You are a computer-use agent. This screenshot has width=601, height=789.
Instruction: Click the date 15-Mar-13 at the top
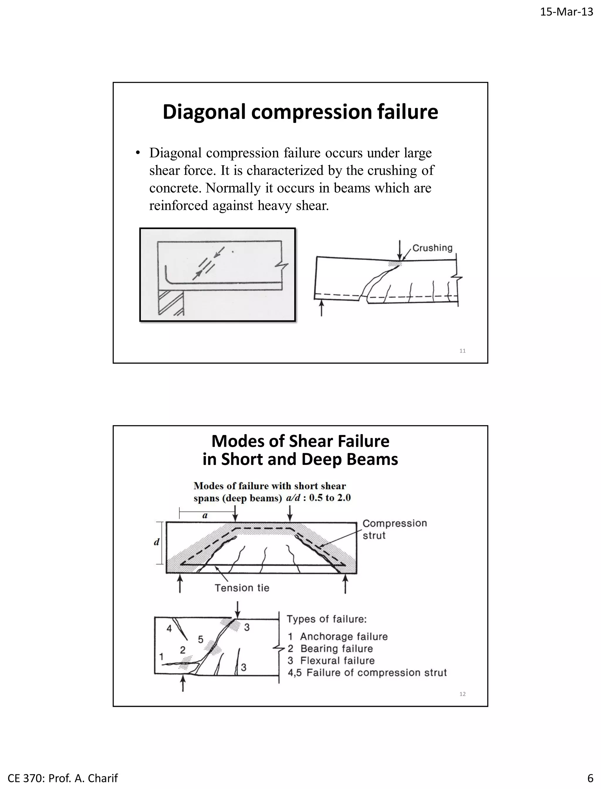(566, 12)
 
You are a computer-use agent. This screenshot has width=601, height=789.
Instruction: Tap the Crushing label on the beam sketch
(432, 248)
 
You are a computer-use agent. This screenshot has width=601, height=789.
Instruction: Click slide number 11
(462, 351)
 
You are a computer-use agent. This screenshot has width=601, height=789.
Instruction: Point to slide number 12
(462, 694)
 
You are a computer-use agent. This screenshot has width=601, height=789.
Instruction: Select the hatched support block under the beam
(171, 302)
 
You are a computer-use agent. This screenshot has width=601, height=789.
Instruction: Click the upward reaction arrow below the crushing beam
(321, 308)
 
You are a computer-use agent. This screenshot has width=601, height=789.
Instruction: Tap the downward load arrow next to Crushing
(400, 249)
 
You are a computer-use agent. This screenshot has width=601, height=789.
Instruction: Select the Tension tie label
(242, 588)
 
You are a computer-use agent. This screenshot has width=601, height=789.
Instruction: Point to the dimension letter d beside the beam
(156, 542)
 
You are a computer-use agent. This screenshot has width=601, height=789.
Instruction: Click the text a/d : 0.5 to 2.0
(318, 498)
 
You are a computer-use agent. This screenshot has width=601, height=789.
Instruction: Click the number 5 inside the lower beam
(201, 639)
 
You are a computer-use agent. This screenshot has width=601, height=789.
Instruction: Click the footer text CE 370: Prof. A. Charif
(63, 778)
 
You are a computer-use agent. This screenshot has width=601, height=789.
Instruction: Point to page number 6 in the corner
(590, 778)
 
